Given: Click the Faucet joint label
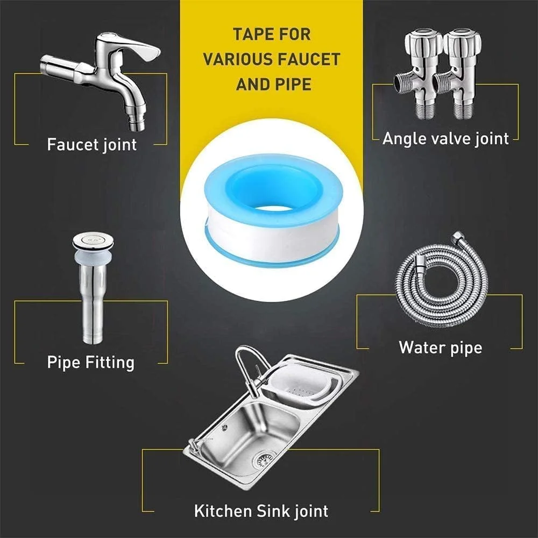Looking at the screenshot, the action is pyautogui.click(x=91, y=144).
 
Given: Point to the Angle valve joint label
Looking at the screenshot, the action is pyautogui.click(x=445, y=139).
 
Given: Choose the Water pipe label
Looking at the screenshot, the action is pyautogui.click(x=441, y=348).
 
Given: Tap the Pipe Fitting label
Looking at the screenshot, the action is pyautogui.click(x=90, y=363).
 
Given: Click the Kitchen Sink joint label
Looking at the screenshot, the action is pyautogui.click(x=261, y=511).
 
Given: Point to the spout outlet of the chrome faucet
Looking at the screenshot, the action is pyautogui.click(x=137, y=125).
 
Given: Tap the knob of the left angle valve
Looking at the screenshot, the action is pyautogui.click(x=423, y=42).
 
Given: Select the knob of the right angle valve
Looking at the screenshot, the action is pyautogui.click(x=462, y=42).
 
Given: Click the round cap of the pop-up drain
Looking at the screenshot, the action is pyautogui.click(x=93, y=240).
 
